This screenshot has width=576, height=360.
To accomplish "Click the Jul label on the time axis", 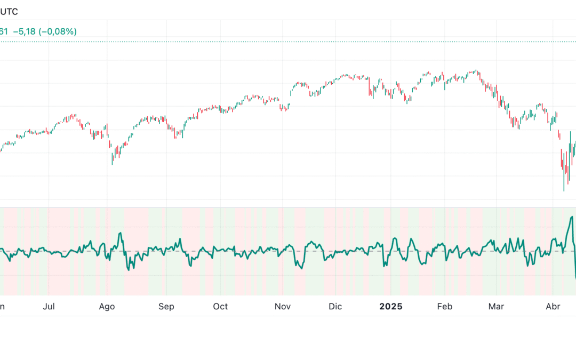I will tap(49, 307).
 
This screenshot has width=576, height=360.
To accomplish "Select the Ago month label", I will tap(107, 307).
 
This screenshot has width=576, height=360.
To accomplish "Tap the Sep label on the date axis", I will tap(166, 307).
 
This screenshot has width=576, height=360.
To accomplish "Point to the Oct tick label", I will tap(220, 307).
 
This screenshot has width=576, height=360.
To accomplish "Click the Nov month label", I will tap(283, 307).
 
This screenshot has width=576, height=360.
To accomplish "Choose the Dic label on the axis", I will tap(335, 307).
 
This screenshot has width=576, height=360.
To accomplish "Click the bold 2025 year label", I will tap(390, 307).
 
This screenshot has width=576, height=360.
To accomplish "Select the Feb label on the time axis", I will tap(444, 307).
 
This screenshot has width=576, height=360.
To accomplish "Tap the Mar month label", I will tap(497, 307).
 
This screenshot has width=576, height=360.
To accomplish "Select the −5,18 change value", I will tap(26, 31).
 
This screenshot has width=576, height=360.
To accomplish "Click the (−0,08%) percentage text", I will tap(59, 31).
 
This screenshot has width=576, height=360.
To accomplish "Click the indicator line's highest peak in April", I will tap(572, 217).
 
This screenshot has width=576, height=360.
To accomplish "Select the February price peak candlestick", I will tap(476, 71).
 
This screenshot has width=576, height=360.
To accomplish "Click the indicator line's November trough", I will tap(300, 268).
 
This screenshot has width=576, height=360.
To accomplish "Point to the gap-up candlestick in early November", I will tap(293, 85).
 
